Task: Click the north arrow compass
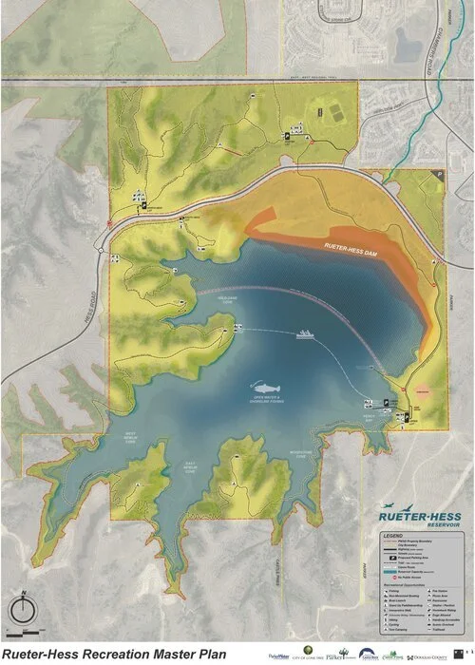coord(21,608)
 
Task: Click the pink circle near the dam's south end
coord(422,390)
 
